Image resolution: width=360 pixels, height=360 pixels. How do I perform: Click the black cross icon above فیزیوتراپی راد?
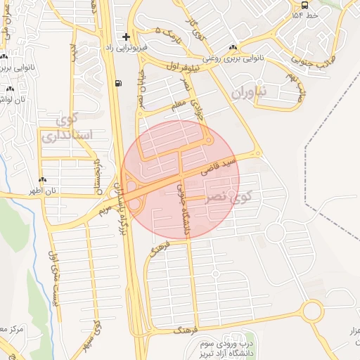(x=126, y=37)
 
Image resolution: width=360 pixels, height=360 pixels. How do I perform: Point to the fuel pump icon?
(x=117, y=83)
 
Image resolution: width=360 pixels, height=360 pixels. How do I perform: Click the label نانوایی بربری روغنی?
(x=238, y=60)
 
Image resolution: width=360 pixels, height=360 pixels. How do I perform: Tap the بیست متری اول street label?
(x=52, y=281)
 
